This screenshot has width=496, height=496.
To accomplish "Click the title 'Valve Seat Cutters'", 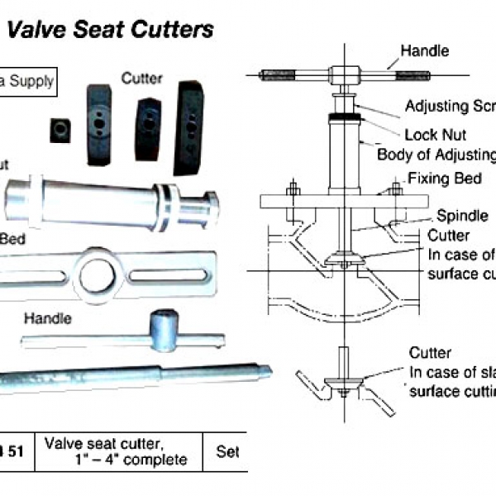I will [x=111, y=31].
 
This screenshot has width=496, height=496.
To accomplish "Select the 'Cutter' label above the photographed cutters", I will [x=141, y=79].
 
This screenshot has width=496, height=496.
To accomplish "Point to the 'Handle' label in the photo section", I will [x=47, y=318].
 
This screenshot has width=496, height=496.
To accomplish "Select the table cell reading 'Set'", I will [x=227, y=452].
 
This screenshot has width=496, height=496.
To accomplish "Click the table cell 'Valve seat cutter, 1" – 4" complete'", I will [x=116, y=452].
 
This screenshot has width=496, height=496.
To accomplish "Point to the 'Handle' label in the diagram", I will [x=425, y=51].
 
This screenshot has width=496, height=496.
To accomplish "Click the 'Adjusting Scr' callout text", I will [x=449, y=107].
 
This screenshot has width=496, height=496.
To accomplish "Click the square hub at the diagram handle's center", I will [x=341, y=74].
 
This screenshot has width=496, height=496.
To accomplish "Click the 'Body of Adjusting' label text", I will [x=436, y=155].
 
